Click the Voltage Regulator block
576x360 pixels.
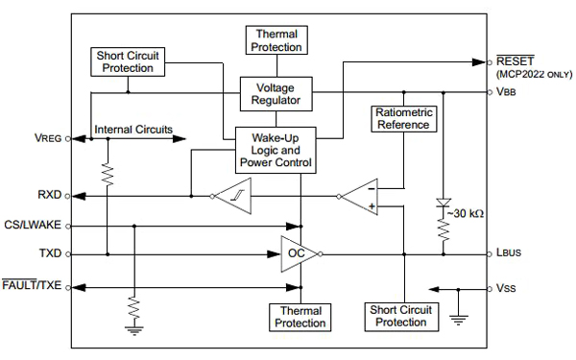(276, 92)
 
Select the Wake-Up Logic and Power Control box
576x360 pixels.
(276, 151)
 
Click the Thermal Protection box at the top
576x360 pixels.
(276, 39)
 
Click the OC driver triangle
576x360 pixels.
(298, 253)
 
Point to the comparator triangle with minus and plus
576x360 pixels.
(361, 196)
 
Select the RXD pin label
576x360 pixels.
(48, 195)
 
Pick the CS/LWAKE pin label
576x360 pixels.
(34, 227)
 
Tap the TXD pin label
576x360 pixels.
(48, 254)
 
